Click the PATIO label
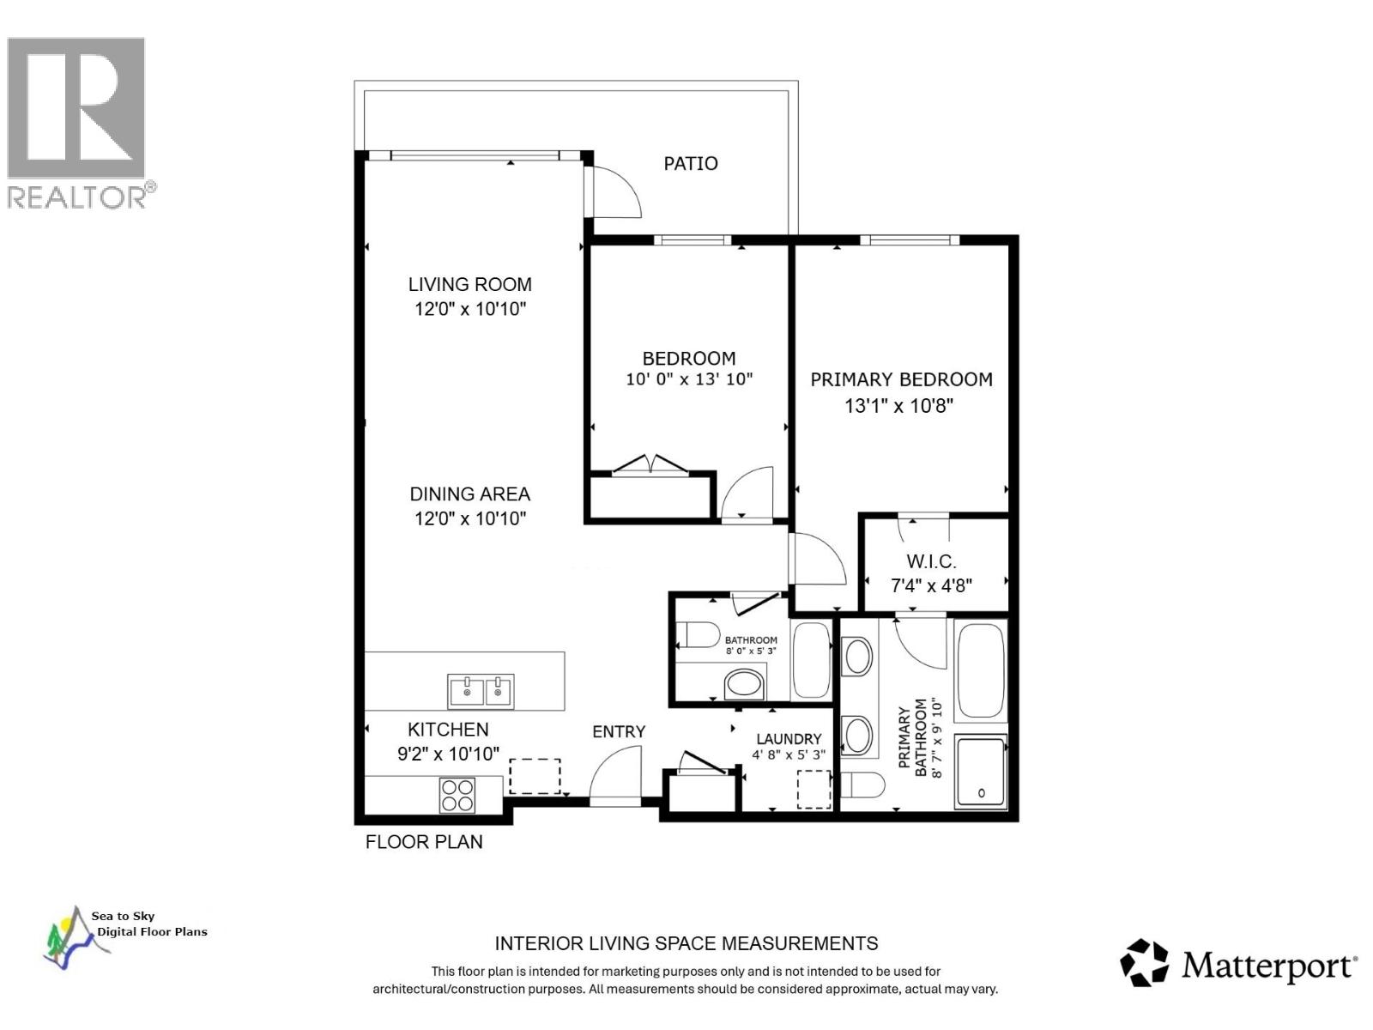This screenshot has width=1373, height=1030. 690,163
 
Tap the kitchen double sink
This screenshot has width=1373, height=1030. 481,691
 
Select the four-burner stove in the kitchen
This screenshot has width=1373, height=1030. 457,794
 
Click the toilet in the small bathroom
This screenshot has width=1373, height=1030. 698,635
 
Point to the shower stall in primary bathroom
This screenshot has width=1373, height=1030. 980,772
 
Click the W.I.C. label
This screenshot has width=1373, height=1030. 931,561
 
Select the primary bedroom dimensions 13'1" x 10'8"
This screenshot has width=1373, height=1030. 899,405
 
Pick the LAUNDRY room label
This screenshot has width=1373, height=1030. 788,738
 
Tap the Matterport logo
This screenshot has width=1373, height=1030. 1237,964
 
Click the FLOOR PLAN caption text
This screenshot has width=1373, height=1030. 424,842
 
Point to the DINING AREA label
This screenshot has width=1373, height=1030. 469,494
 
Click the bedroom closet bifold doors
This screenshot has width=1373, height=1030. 650,464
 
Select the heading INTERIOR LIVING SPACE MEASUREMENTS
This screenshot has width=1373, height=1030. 686,943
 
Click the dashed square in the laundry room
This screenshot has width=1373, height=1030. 814,789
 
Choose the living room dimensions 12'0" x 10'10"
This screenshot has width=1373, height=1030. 469,309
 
